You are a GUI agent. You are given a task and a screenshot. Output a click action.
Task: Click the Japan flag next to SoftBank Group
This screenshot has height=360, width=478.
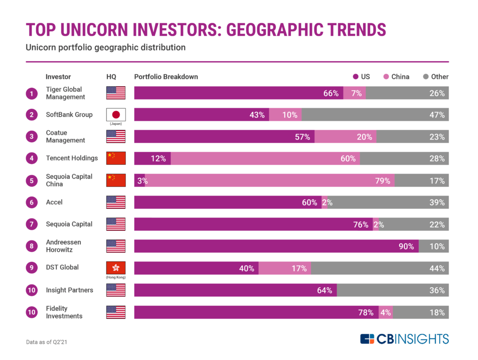point(116,114)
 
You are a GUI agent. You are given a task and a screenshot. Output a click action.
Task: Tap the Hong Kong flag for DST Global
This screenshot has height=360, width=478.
point(116,268)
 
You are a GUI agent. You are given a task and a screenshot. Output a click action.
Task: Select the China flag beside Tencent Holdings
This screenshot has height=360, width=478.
point(116,158)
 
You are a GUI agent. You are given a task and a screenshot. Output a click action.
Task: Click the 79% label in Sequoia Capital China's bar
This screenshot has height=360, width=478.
point(382,181)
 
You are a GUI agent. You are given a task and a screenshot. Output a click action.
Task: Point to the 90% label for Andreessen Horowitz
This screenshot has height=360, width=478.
point(406,246)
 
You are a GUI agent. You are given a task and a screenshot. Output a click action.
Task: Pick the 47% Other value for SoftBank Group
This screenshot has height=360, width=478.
point(437,115)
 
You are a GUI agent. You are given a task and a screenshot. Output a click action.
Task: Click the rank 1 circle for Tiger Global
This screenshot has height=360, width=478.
point(32,93)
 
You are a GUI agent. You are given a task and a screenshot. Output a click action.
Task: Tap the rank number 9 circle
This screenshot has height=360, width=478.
point(32,268)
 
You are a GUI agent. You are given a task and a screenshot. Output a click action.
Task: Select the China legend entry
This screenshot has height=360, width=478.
point(396,77)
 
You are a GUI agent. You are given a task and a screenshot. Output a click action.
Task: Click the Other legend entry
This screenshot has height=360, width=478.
point(436,77)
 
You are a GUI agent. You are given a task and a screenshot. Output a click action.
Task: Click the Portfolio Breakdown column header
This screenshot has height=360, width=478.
point(166,77)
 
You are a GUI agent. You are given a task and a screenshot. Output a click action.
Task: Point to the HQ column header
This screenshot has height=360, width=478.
point(111,77)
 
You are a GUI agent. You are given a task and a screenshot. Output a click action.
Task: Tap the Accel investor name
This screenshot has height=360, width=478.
point(54,202)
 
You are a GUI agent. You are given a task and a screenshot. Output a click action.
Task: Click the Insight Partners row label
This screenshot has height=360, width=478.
point(69,290)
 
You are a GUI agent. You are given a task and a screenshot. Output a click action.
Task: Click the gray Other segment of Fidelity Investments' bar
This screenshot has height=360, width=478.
point(421,312)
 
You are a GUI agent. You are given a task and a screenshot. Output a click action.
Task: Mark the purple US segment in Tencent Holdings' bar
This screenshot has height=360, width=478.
point(152,158)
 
